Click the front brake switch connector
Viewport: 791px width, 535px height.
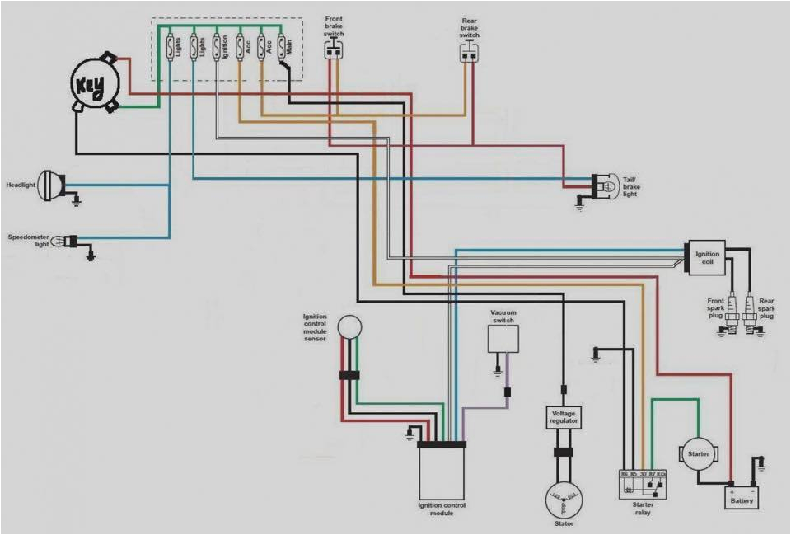click(x=334, y=49)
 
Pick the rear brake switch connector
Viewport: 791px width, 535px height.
click(x=469, y=52)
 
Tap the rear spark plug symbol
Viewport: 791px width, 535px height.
click(x=750, y=315)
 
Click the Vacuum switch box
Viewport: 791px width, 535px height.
click(x=503, y=338)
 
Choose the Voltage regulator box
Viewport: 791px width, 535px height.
click(x=564, y=418)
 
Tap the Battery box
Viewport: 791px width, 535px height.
click(x=741, y=497)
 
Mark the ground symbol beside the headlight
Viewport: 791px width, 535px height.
click(x=76, y=200)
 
